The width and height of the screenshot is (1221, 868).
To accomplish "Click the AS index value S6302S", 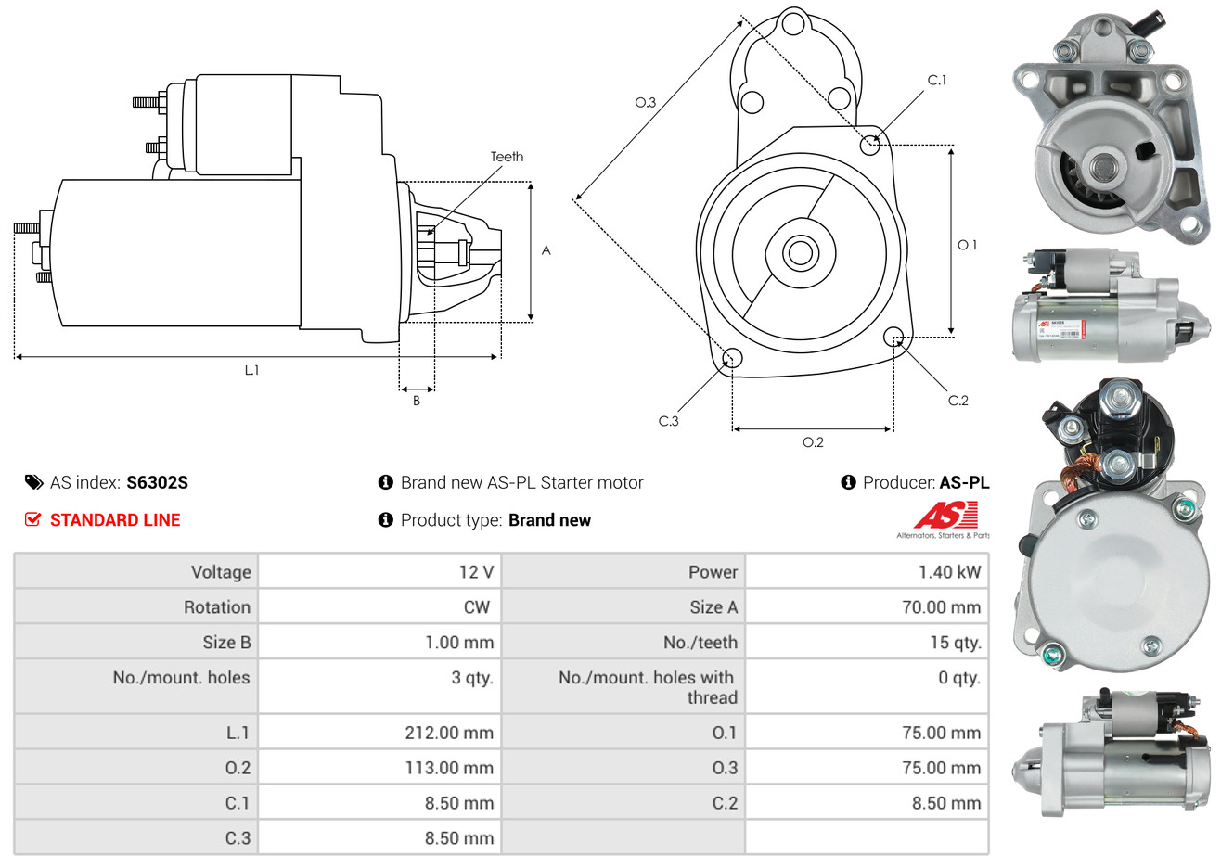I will tap(157, 482).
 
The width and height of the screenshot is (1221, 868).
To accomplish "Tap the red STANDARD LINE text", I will tap(115, 520).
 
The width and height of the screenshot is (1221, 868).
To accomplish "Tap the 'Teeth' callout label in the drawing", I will tap(507, 157).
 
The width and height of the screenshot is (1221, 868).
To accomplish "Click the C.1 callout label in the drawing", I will tap(937, 80).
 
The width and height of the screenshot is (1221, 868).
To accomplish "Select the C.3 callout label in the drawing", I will tap(668, 421).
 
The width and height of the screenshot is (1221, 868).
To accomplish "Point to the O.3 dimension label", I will tap(645, 102).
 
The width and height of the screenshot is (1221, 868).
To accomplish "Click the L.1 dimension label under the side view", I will tap(251, 370).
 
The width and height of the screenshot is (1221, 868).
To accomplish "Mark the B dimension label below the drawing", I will tap(417, 401).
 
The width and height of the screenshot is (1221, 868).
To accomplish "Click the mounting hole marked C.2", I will tap(893, 336).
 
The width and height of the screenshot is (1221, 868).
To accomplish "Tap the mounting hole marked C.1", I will tap(870, 145).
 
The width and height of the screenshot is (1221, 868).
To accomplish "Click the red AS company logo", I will tap(945, 516).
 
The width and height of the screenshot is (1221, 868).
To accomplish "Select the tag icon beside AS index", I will tap(33, 482).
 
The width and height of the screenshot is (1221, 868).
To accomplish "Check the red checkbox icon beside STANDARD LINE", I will tap(33, 519).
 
